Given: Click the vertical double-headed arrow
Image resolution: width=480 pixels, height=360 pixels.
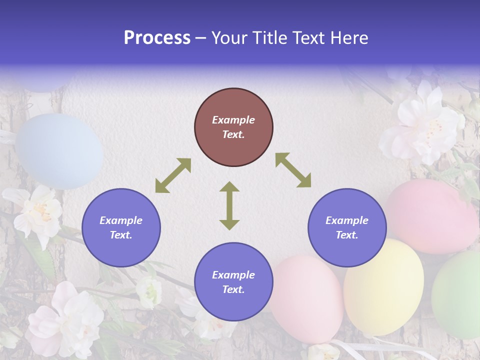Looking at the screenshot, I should coord(229,205).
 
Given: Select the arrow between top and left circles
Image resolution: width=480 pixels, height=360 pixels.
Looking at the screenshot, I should coord(173,175).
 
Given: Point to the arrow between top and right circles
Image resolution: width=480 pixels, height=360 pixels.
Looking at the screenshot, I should coord(293,170).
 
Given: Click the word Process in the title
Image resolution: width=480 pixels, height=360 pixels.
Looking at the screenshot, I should coord(157,37).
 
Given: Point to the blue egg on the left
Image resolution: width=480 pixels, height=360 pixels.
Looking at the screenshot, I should coord(59,151).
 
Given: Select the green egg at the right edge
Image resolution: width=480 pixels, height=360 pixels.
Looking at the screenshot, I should coord(457,294).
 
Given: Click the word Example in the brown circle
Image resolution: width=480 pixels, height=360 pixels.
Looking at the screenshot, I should coord(233,120).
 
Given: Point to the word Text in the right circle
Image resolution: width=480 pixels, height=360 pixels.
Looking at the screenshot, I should coord(347,235).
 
